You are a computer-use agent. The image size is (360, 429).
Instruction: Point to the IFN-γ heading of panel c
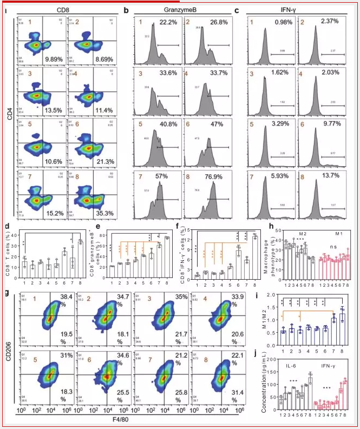coord(296,10)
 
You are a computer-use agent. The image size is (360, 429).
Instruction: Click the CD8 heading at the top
coord(69,10)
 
